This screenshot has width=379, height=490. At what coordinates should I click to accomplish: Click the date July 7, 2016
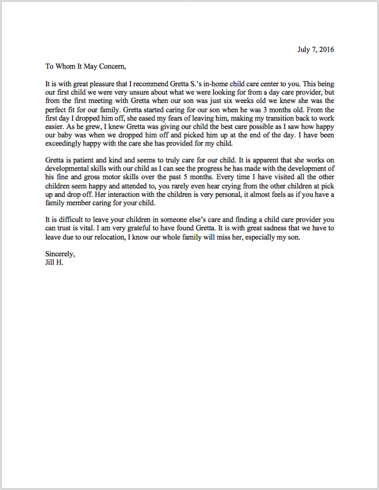pyautogui.click(x=316, y=49)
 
